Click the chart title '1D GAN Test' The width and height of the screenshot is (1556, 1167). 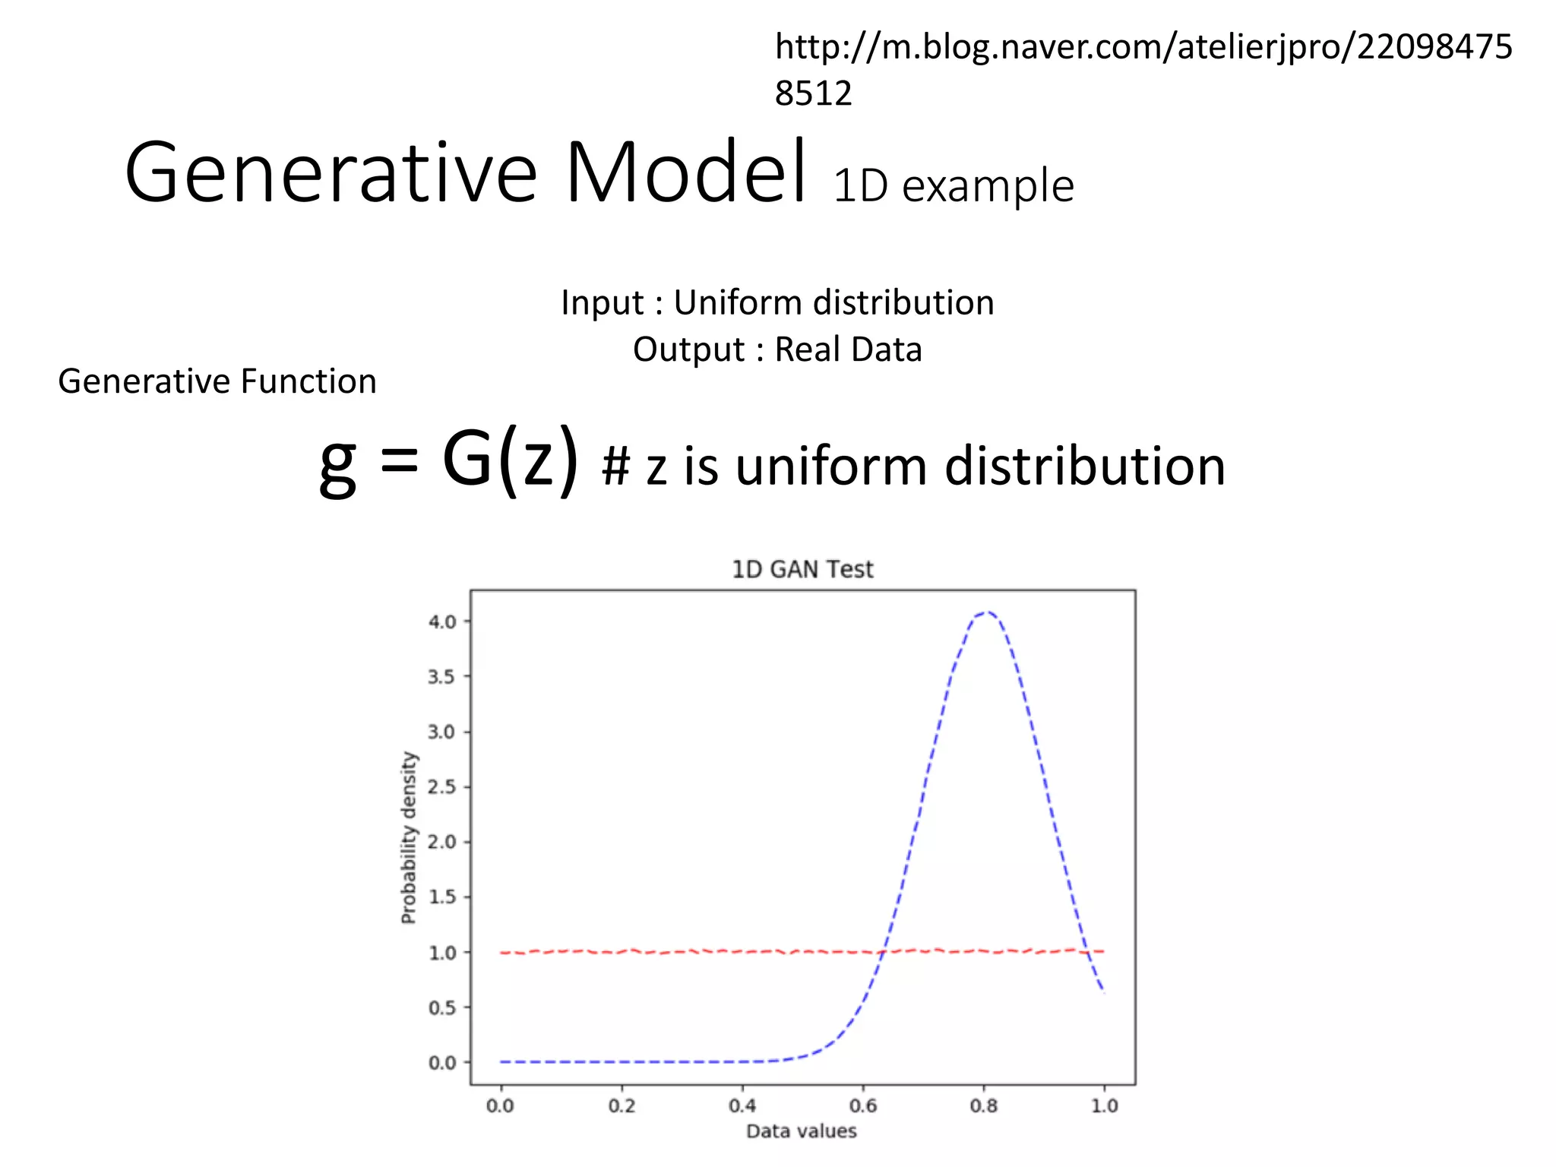802,569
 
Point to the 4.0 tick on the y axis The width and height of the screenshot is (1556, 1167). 441,621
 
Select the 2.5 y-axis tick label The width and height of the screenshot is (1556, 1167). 441,787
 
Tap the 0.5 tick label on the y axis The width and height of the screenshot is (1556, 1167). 441,1007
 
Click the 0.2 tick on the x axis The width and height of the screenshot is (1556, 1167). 621,1105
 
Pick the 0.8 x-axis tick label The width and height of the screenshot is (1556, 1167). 984,1105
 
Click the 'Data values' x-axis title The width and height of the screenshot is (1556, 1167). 802,1131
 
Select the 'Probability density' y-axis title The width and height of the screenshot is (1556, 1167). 409,837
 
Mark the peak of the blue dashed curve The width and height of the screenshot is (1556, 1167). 986,612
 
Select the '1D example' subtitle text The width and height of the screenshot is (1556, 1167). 954,185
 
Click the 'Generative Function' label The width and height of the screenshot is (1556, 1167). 217,381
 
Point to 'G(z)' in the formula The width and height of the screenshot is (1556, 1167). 510,460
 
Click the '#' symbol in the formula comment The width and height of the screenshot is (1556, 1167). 615,466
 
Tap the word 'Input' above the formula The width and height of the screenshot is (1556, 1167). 602,302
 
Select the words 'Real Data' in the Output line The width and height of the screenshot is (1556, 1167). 848,349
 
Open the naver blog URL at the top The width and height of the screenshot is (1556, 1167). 1143,48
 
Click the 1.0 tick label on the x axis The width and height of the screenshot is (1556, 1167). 1105,1105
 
